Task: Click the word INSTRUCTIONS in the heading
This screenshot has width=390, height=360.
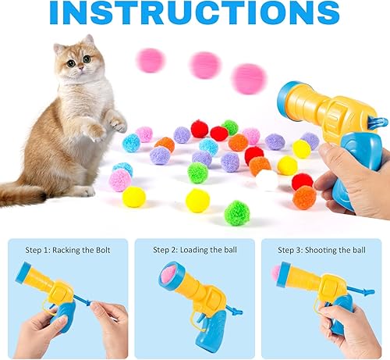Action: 194,14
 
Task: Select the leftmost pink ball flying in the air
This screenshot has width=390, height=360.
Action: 150,60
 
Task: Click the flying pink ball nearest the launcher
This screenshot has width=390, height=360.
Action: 250,78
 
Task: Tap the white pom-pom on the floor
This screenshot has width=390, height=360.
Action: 267,180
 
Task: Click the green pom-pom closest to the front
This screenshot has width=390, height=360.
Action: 237,212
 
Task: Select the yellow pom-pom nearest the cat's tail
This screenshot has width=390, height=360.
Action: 133,197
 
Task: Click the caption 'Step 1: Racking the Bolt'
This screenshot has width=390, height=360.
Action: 65,250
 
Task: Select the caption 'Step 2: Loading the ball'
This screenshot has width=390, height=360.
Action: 195,250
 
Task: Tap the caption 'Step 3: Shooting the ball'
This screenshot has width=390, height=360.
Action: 321,250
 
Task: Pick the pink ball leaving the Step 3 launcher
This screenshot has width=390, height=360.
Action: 276,273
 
